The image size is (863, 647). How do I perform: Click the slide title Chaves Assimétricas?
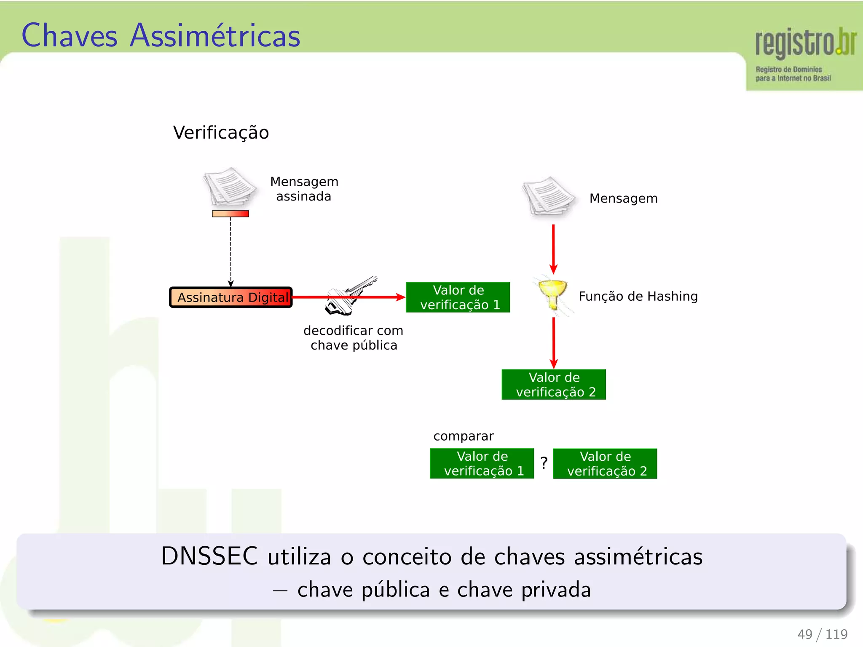point(161,35)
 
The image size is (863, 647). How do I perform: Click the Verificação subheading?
point(221,132)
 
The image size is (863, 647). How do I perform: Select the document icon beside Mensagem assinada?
point(230,186)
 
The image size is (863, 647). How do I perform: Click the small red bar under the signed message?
point(230,214)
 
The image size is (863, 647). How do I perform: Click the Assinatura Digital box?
point(231,297)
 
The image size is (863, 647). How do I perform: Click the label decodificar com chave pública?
point(354,338)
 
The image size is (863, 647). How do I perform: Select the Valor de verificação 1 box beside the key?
point(458,297)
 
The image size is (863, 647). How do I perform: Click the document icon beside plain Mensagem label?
point(548,196)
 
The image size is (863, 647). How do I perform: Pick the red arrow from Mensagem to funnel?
point(553,249)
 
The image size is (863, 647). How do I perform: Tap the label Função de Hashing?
point(638,296)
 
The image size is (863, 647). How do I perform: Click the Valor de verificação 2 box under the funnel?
point(554,385)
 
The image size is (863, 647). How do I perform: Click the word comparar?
point(463,436)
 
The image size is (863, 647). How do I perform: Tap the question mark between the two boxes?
point(544,463)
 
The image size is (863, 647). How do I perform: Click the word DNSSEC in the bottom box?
point(209,556)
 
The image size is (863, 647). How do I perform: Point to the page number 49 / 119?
point(822,634)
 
